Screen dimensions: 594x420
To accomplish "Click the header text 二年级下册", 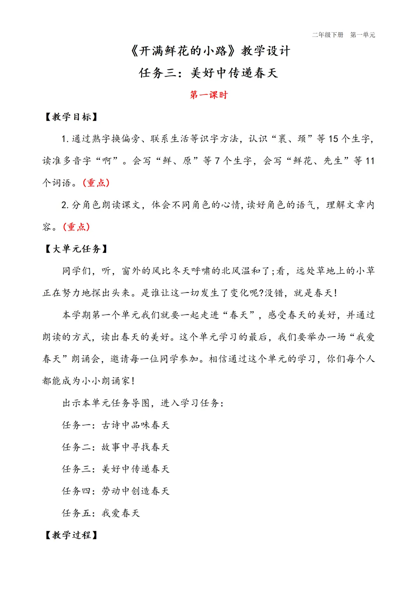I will coord(327,35).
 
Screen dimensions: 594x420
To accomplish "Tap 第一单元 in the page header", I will coord(362,35).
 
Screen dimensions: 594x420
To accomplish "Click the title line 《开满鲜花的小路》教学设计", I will coord(210,51).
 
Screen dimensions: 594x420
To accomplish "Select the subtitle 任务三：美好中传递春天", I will coord(209,73).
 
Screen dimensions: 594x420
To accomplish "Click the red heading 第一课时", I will coord(209,95).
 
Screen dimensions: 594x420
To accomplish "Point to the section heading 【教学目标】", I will coord(71,117).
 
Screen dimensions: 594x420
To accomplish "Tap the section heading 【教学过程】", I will coord(71,535).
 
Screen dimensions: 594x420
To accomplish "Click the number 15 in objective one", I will coord(333,139).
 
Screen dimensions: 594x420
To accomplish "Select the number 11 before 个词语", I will coord(370,161).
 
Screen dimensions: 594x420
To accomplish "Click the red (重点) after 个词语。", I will coord(96,183).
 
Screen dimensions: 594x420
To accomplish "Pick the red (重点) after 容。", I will coord(77,227).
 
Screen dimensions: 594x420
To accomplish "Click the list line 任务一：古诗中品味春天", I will coord(115,425).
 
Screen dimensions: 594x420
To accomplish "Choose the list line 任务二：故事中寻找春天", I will coord(115,447).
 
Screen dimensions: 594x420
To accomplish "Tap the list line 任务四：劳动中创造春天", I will coord(115,491).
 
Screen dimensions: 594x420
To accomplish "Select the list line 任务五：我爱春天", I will coord(101,513).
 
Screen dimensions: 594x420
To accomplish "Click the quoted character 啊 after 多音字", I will coord(107,161).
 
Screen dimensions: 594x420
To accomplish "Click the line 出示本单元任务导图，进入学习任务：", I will coord(143,403).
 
